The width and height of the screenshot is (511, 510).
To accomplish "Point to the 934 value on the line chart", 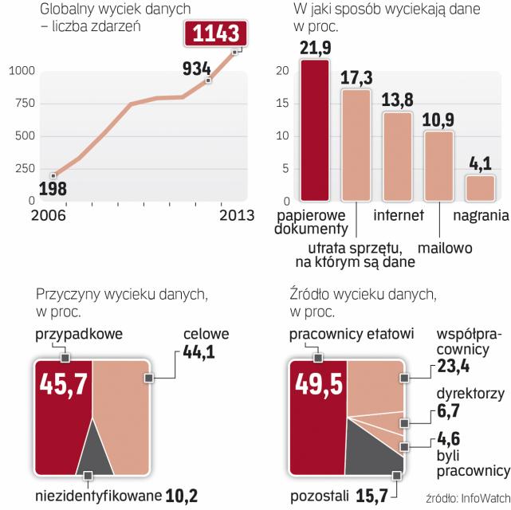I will pos(196,69).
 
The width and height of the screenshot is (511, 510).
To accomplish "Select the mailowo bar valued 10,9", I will pos(438,166).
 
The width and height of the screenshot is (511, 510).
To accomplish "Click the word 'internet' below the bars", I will pos(398,214).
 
